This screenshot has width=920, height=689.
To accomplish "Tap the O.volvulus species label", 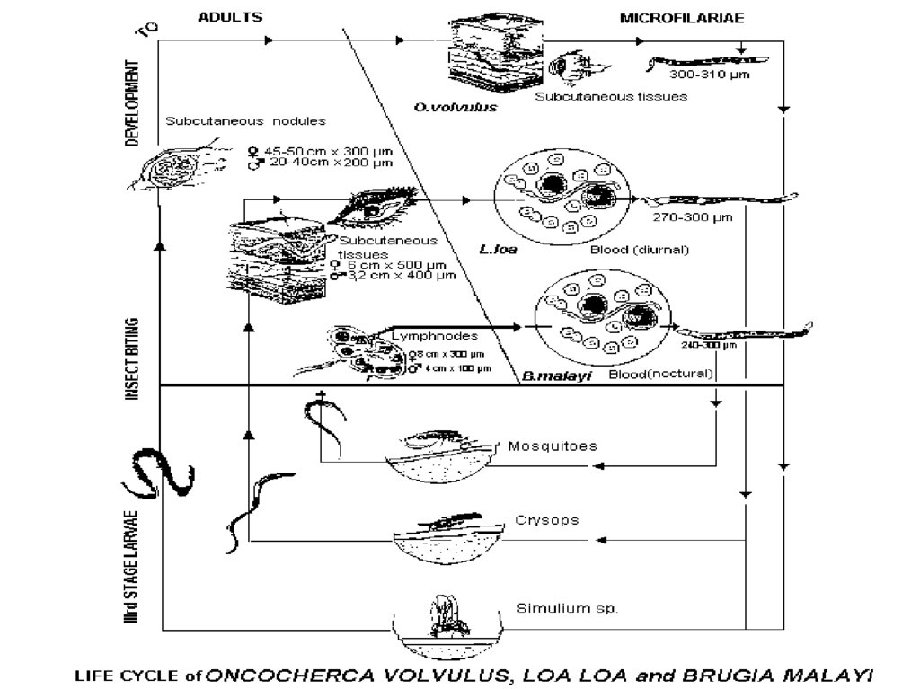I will coord(443,107).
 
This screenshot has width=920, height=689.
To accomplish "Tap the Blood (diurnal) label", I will coord(640,250).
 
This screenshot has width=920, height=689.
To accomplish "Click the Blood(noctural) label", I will coord(660,373).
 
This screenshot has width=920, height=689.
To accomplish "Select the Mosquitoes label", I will coord(553,446).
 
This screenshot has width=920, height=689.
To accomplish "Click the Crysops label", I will coord(546,520).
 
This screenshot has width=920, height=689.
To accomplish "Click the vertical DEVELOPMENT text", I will coord(132,103).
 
